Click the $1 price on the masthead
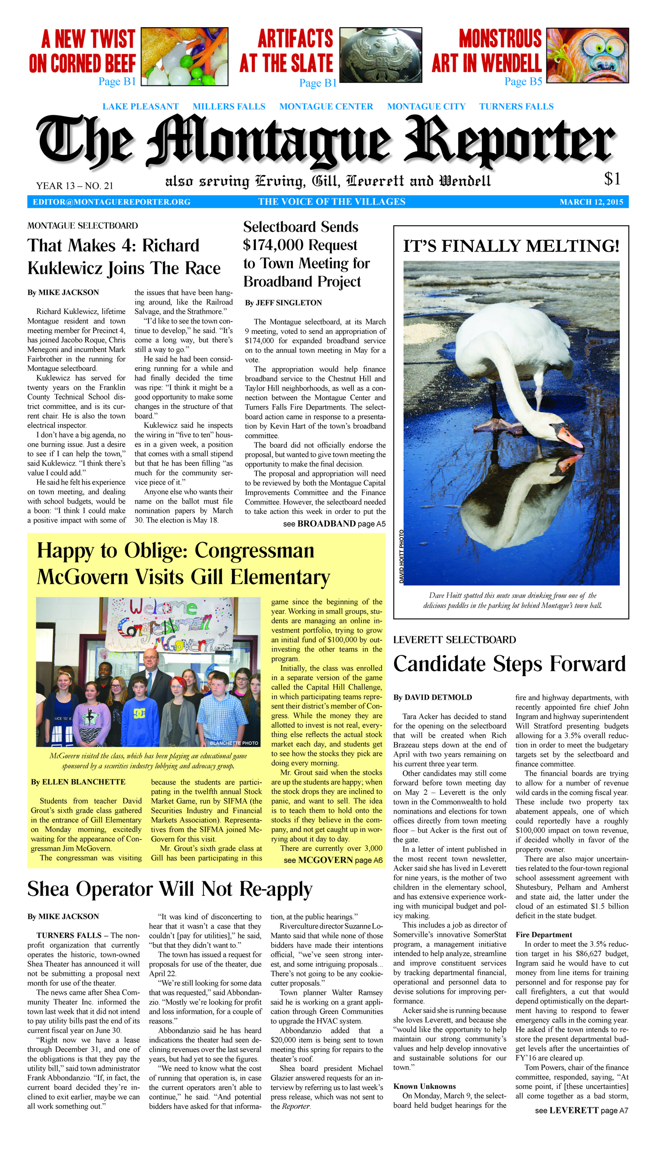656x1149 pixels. [612, 179]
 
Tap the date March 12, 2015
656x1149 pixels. [591, 202]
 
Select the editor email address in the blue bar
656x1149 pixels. [112, 202]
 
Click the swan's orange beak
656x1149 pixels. [570, 438]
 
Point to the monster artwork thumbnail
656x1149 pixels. [588, 55]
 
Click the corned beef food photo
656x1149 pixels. [185, 56]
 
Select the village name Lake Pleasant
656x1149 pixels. [141, 106]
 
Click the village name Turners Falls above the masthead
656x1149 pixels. [516, 106]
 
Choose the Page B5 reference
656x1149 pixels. [523, 82]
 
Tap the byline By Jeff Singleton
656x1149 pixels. [283, 303]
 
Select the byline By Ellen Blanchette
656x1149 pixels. [78, 782]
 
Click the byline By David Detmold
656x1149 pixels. [432, 697]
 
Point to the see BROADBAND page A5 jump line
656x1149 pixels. [334, 524]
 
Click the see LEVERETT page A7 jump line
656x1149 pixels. [581, 1111]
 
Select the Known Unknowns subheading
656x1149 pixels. [425, 1086]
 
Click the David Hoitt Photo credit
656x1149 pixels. [401, 556]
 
